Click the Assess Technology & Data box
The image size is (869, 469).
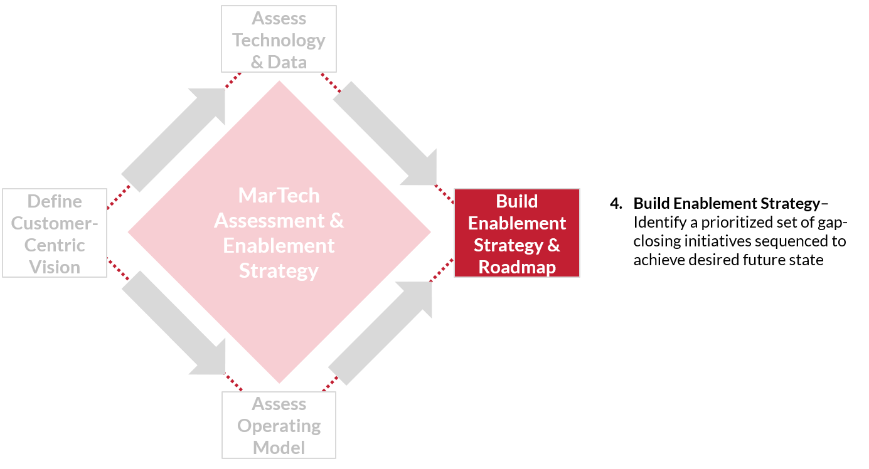[279, 39]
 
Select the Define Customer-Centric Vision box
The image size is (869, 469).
[55, 233]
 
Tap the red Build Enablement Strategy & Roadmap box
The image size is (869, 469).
[516, 233]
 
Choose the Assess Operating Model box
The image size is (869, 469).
[279, 425]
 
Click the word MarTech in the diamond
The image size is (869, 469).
[279, 196]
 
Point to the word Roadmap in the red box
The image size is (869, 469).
[517, 267]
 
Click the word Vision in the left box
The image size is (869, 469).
[55, 267]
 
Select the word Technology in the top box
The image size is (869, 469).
[279, 40]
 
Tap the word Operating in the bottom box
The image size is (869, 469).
[279, 426]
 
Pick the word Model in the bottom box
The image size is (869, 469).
[279, 448]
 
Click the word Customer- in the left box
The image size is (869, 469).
[55, 223]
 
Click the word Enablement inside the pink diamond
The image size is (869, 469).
[279, 246]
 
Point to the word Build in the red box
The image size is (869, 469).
[516, 201]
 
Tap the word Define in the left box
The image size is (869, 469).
[55, 201]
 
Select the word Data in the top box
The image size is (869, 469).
[287, 62]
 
